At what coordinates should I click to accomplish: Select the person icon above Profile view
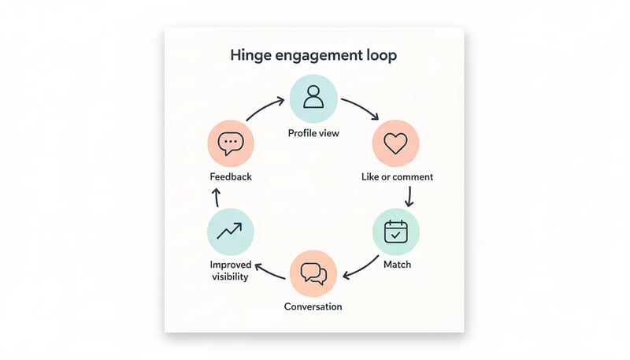coord(313,97)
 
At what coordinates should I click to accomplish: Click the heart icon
coord(395,143)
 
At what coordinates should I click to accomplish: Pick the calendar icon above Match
coord(395,232)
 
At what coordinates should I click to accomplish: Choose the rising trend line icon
coord(231,232)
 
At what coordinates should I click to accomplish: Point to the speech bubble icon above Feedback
coord(231,143)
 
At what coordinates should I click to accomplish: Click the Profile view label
coord(313,133)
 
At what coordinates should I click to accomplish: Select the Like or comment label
coord(397,177)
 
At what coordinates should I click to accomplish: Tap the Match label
coord(397,265)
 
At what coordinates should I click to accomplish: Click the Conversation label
coord(313,306)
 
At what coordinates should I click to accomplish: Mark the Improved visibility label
coord(230,270)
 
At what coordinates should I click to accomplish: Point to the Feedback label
coord(231,177)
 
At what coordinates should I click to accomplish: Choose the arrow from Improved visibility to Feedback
coord(217,197)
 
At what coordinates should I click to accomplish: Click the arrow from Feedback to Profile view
coord(265,109)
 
